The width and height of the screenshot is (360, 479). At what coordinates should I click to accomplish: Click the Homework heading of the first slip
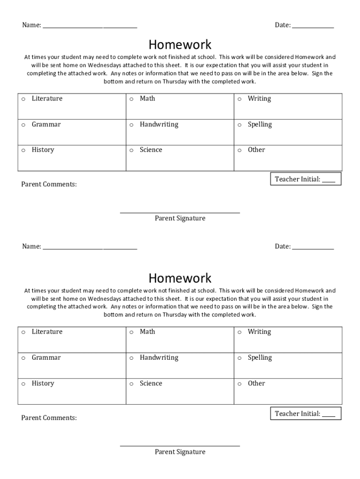coord(180,45)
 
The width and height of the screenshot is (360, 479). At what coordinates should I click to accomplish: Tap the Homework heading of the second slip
coord(180,278)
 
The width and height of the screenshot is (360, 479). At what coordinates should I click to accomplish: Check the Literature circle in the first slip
coord(23,99)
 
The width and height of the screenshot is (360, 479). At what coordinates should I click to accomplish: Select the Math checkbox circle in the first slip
coord(131,99)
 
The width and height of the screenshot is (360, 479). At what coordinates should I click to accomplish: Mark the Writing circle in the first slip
coord(239,99)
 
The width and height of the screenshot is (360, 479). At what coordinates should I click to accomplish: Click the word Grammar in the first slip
coord(46,124)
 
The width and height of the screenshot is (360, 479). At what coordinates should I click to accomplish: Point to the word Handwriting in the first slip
coord(159,124)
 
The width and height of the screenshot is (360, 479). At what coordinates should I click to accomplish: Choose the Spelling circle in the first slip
coord(239,125)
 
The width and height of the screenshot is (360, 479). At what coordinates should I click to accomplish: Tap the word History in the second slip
coord(43,383)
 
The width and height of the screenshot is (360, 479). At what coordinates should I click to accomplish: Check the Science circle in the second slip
coord(131,384)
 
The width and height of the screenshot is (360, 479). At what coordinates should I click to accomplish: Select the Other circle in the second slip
coord(239,384)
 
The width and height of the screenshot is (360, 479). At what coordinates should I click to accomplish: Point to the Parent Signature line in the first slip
coord(180,212)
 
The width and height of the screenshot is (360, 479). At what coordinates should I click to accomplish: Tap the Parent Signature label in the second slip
coord(180,452)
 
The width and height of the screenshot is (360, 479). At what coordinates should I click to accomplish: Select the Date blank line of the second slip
coord(313,248)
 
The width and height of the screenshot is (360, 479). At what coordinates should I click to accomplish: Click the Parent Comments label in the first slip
coord(49,184)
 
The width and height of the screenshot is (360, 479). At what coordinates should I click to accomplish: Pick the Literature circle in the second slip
coord(23,333)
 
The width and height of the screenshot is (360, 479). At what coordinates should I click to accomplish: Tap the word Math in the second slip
coord(147,332)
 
